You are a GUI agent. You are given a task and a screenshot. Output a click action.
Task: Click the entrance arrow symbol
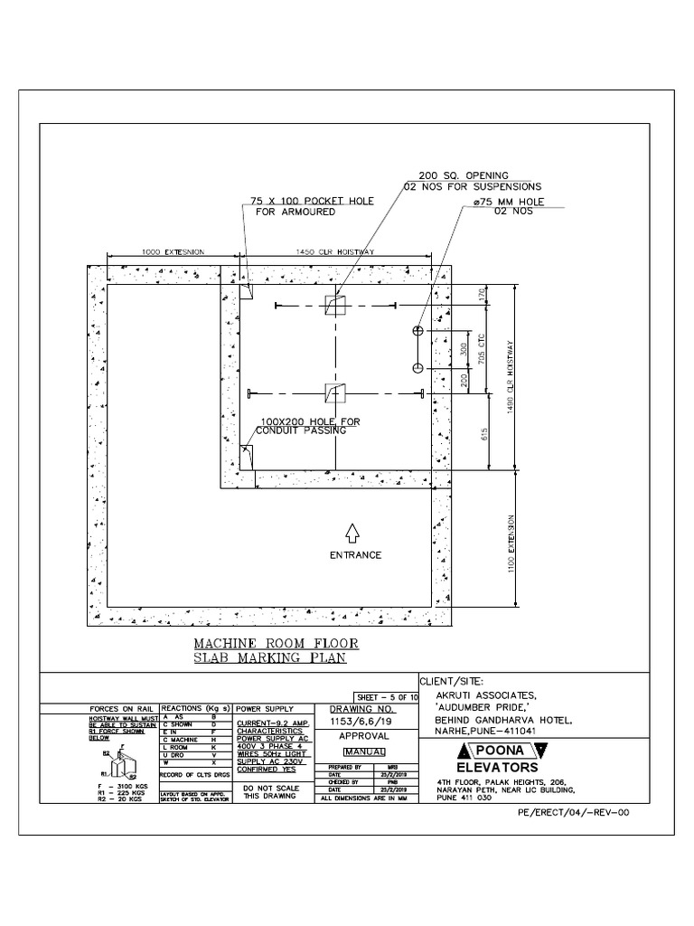click(353, 534)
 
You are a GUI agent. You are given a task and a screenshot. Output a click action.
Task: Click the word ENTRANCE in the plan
click(354, 555)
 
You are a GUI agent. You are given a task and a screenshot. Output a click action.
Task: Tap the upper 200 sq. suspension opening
click(335, 305)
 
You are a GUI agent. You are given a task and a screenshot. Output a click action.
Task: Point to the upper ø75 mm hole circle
click(417, 332)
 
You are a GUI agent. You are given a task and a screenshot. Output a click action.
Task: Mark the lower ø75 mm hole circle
click(417, 367)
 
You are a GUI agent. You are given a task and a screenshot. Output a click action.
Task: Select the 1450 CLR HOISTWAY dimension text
click(335, 251)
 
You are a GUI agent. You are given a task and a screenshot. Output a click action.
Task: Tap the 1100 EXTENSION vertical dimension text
click(511, 544)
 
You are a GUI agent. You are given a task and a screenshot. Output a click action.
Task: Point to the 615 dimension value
click(484, 432)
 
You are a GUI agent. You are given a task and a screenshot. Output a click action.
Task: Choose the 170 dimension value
click(483, 295)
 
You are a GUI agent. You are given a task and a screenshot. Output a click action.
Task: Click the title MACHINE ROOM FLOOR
click(277, 644)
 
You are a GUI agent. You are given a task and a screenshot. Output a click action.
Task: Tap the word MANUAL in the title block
click(364, 751)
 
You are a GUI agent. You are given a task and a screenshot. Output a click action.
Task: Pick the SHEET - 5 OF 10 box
click(387, 697)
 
